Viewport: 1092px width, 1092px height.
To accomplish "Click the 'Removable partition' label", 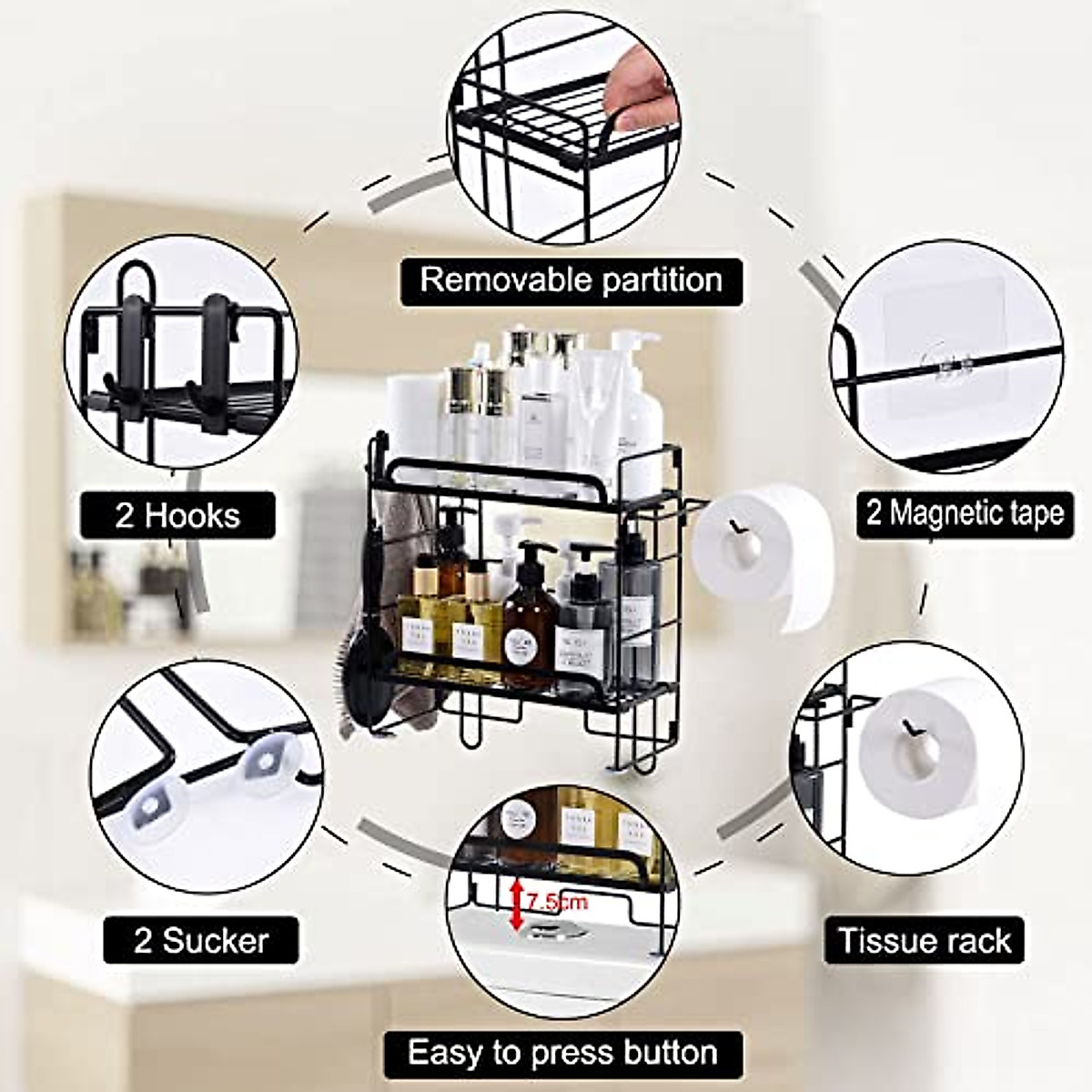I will [x=571, y=279].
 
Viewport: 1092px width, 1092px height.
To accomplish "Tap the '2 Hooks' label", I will [x=177, y=516].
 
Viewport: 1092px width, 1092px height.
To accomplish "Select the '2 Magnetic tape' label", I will [x=964, y=512].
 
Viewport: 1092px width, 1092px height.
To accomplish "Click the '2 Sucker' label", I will [x=201, y=940].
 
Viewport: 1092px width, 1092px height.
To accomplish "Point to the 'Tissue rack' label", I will [x=924, y=940].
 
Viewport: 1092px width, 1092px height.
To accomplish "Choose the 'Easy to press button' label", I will [x=562, y=1053].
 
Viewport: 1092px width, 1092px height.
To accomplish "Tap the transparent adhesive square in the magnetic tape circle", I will [x=946, y=350].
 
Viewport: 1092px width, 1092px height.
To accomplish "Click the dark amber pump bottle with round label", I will [x=531, y=628].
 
